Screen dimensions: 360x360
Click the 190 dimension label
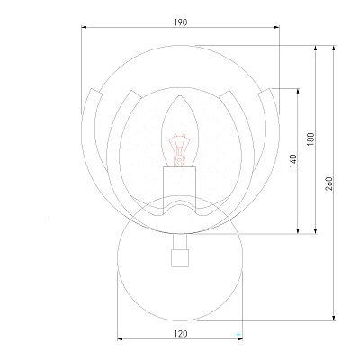[x=181, y=22]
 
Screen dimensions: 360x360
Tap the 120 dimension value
[x=181, y=334]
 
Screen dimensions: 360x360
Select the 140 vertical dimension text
[x=293, y=161]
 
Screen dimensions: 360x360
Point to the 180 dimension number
[x=310, y=139]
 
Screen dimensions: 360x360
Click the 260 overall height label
[x=328, y=184]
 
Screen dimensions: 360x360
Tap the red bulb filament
[x=179, y=150]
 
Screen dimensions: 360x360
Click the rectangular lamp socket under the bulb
[x=179, y=190]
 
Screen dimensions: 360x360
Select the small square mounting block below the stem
[x=180, y=258]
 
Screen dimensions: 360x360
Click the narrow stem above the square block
[x=180, y=242]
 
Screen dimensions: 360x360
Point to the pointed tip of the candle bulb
[x=180, y=96]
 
